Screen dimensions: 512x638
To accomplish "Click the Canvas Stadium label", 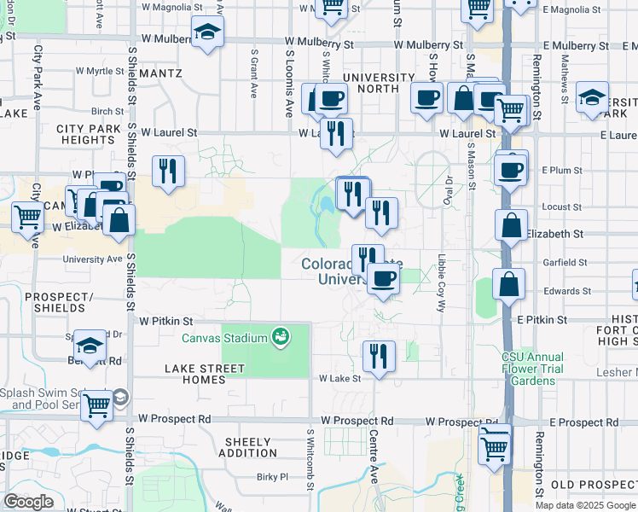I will coord(225,338).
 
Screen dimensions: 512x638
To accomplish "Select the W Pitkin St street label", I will coord(163,321).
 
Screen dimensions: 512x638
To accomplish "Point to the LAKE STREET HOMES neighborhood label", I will coord(205,374).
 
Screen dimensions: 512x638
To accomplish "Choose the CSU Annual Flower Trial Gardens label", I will coord(532,369).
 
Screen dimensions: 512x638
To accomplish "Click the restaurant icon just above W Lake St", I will coord(378,354).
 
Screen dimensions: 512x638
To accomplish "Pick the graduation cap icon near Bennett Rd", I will coord(90,345).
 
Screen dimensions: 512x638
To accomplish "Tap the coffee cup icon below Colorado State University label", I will coord(384,277).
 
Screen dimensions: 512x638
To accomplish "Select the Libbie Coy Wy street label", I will coord(441,282).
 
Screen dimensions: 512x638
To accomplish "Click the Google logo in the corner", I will coord(29,502).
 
